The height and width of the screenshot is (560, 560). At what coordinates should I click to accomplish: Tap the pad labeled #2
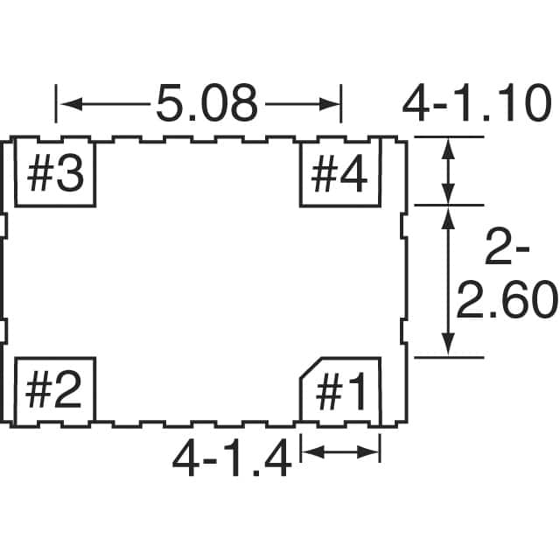(54, 391)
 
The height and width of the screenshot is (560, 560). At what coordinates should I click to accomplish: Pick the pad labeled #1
(340, 391)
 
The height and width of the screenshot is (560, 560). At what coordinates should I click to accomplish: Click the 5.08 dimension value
(206, 104)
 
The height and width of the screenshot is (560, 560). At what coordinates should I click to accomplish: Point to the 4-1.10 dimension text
(476, 104)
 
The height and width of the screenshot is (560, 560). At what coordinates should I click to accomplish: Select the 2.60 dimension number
(507, 299)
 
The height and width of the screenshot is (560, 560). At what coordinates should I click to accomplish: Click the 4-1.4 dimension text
(231, 458)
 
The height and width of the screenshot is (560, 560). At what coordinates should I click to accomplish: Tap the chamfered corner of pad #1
(311, 367)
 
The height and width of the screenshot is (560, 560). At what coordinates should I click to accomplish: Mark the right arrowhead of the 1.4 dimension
(367, 452)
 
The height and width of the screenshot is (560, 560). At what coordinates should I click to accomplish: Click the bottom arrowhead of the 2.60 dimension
(448, 344)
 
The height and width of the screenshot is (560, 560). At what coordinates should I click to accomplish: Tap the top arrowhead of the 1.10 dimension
(448, 149)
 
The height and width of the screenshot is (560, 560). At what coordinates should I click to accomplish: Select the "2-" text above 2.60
(507, 247)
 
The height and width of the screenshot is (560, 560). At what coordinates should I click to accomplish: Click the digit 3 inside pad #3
(71, 173)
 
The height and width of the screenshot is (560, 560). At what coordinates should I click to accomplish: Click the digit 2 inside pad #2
(68, 391)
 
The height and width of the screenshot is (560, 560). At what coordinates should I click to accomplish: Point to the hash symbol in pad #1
(329, 391)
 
